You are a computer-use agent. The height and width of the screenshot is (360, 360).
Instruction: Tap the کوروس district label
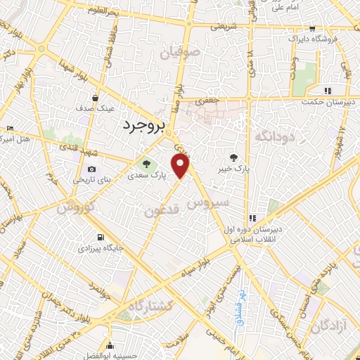(x=75, y=207)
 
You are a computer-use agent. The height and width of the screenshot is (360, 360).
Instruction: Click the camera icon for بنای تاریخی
(x=91, y=169)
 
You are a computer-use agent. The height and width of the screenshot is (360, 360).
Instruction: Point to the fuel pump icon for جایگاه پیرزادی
(x=101, y=237)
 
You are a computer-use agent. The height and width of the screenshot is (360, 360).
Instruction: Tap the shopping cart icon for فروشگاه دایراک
(x=310, y=29)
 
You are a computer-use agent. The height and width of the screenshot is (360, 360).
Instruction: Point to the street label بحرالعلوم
(x=105, y=10)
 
